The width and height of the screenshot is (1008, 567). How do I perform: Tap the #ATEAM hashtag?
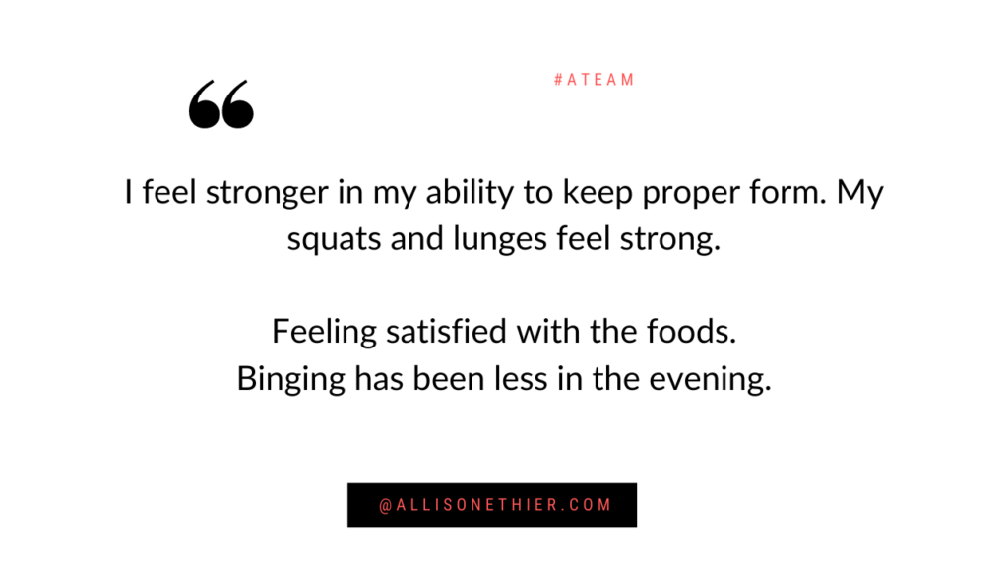click(595, 80)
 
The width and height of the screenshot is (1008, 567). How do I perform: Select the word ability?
click(470, 193)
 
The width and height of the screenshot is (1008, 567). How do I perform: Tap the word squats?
click(334, 240)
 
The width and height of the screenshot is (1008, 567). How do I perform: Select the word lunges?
click(500, 240)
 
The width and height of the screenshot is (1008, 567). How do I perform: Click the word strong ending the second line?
click(669, 240)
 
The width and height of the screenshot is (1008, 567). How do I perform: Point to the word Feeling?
click(324, 333)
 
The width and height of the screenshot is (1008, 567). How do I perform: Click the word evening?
click(709, 380)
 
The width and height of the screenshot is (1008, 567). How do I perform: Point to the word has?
click(379, 379)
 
